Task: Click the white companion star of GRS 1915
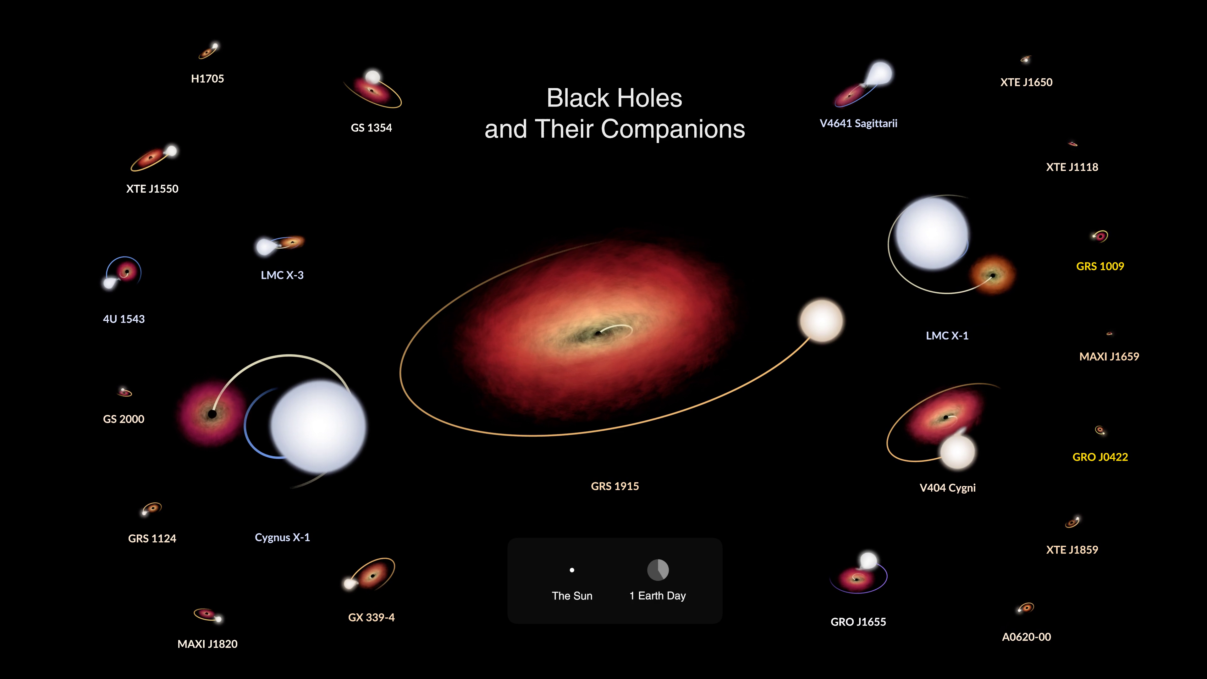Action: click(x=821, y=321)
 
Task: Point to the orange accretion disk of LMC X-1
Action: click(x=992, y=275)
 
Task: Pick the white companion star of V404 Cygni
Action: click(x=958, y=452)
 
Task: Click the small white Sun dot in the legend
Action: click(x=572, y=570)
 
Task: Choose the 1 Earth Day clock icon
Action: click(x=658, y=570)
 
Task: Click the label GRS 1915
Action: click(x=615, y=486)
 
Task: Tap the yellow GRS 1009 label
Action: click(x=1100, y=266)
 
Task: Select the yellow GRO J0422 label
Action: click(x=1100, y=457)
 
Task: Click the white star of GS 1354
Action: click(x=373, y=76)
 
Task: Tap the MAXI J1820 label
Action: click(x=207, y=644)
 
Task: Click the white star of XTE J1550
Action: click(x=172, y=151)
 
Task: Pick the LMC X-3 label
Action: click(x=282, y=275)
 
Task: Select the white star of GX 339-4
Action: click(x=350, y=583)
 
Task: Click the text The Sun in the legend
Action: click(x=572, y=596)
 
